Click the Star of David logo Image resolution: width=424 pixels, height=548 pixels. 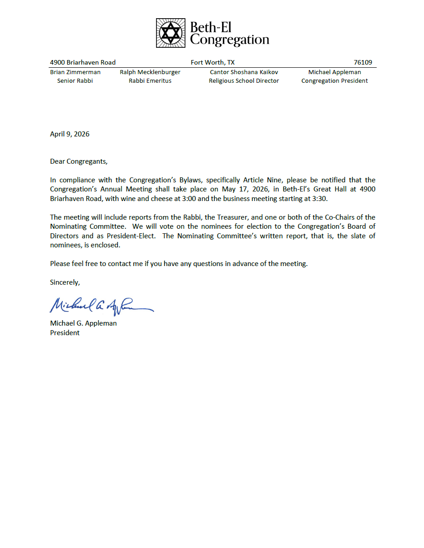(171, 33)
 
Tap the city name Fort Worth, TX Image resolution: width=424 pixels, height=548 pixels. (212, 63)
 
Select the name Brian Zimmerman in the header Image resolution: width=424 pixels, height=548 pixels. (75, 72)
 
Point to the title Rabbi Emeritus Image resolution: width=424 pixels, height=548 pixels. (150, 81)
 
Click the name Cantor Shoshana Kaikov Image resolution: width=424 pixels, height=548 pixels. (244, 72)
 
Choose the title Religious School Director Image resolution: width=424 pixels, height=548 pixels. (244, 81)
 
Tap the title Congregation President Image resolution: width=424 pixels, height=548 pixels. (334, 81)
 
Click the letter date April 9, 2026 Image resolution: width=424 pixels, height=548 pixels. (70, 134)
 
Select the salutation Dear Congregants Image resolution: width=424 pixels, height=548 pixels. (79, 161)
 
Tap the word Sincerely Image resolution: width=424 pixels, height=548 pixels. (65, 282)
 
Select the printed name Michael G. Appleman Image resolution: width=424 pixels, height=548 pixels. (83, 323)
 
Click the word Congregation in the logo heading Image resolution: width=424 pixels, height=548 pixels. (229, 40)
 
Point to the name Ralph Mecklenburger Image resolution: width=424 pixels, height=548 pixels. (150, 72)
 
